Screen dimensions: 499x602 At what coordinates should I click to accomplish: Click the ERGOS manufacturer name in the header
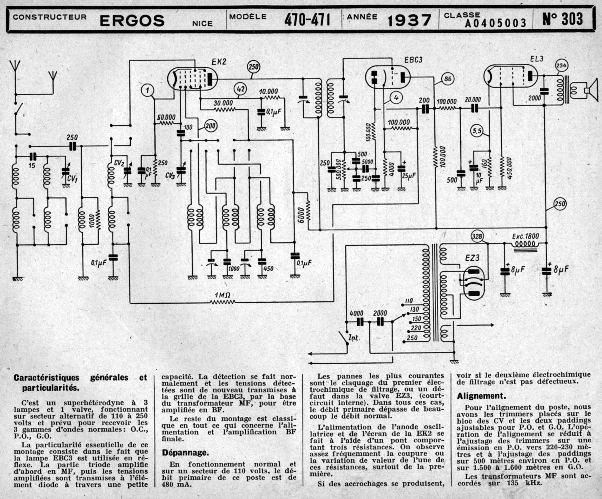pos(132,21)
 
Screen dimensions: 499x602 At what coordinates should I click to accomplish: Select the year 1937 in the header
pos(409,20)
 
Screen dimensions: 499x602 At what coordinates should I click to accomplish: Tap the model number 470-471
pos(307,20)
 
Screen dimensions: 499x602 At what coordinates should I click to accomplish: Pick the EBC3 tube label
pos(413,60)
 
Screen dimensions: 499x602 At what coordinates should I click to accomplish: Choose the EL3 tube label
pos(537,59)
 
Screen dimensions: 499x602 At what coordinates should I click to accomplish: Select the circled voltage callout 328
pos(477,236)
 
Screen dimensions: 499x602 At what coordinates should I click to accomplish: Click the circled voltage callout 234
pos(561,66)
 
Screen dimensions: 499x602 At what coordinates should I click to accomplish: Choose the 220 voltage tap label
pos(416,328)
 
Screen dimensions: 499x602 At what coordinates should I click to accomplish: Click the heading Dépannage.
pos(185,453)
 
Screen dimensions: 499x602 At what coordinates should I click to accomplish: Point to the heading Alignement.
pos(481,396)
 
